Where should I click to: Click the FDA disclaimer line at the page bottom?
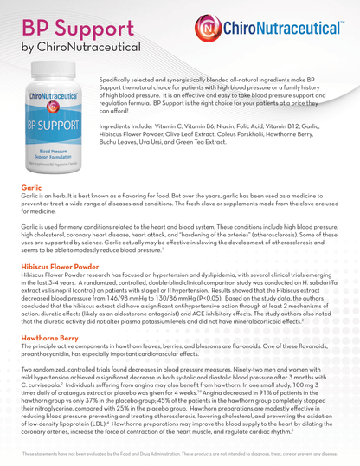[x=179, y=453]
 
